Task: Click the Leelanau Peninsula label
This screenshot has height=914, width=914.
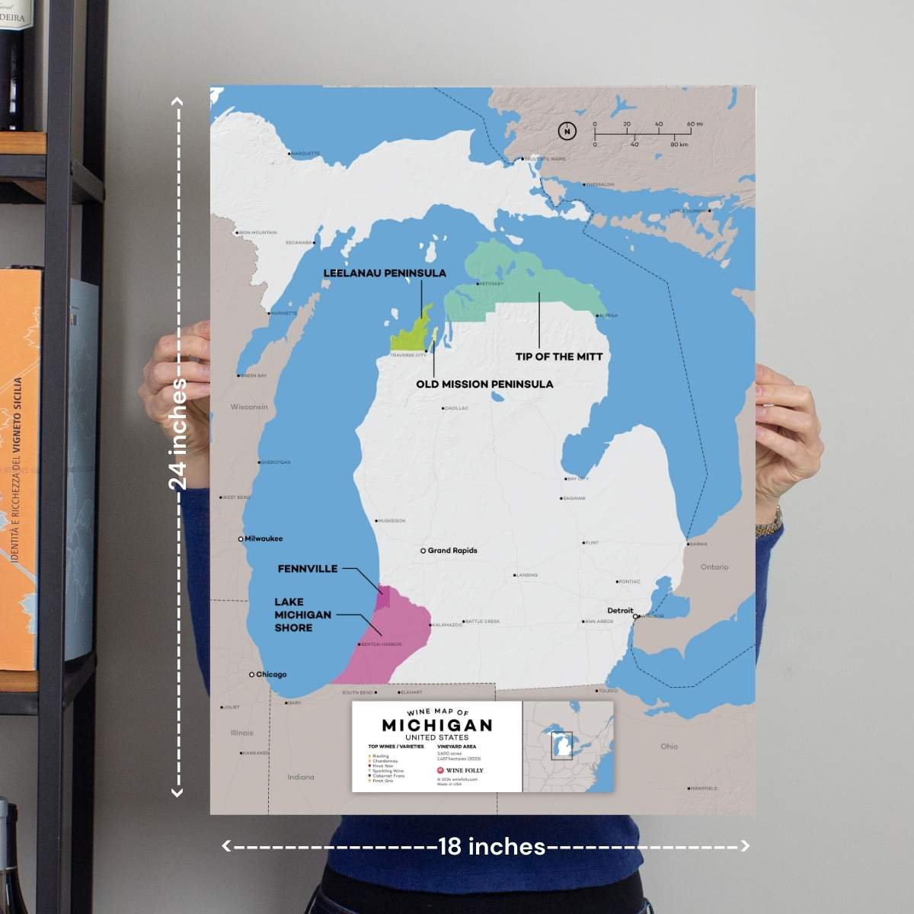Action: pyautogui.click(x=385, y=273)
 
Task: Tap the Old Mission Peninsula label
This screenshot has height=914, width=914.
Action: pyautogui.click(x=484, y=384)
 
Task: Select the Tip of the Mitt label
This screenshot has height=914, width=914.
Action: pyautogui.click(x=558, y=356)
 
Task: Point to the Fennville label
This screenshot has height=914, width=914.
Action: pyautogui.click(x=308, y=568)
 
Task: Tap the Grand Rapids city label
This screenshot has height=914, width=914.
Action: pyautogui.click(x=452, y=550)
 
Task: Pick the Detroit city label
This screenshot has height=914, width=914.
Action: pyautogui.click(x=620, y=610)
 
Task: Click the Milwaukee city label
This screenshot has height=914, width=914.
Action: pyautogui.click(x=264, y=538)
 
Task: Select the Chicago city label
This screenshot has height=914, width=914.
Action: pyautogui.click(x=271, y=674)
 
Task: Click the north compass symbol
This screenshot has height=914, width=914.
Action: pyautogui.click(x=567, y=131)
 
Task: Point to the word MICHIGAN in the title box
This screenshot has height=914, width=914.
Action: pyautogui.click(x=436, y=725)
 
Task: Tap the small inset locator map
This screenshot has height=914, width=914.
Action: pyautogui.click(x=568, y=746)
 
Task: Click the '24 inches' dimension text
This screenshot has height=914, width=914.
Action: pyautogui.click(x=178, y=433)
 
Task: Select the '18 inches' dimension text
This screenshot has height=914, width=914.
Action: pyautogui.click(x=492, y=846)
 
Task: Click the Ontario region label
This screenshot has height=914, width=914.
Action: pyautogui.click(x=714, y=567)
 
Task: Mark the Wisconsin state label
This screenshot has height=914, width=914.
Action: pyautogui.click(x=249, y=407)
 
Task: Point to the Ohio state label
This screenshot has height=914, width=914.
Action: pyautogui.click(x=669, y=746)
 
